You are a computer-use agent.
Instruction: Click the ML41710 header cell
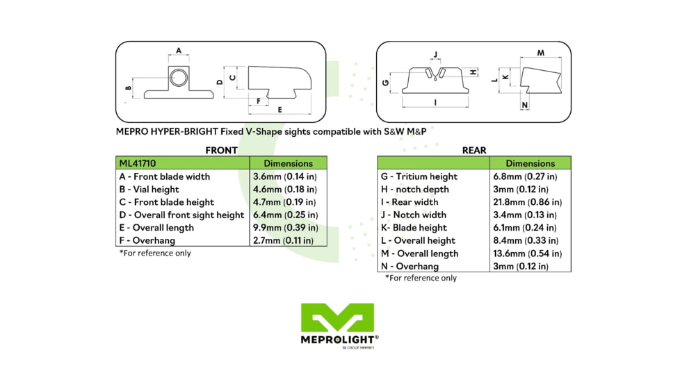click(x=138, y=163)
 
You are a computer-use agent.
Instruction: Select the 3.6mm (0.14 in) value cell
click(x=284, y=176)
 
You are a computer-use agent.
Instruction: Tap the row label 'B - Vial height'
click(x=149, y=189)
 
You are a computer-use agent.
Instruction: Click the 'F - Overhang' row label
click(x=147, y=240)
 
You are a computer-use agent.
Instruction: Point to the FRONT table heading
click(x=221, y=150)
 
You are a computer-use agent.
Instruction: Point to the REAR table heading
click(x=474, y=150)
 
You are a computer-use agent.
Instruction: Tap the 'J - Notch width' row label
click(x=414, y=215)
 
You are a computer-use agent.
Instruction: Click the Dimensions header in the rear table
click(x=531, y=163)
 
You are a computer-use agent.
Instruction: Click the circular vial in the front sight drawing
click(x=179, y=77)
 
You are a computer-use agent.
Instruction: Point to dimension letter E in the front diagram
click(x=280, y=110)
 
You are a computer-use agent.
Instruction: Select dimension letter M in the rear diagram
click(x=540, y=53)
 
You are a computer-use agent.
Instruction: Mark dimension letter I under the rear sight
click(x=435, y=102)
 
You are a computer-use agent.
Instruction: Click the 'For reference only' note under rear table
click(x=421, y=278)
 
